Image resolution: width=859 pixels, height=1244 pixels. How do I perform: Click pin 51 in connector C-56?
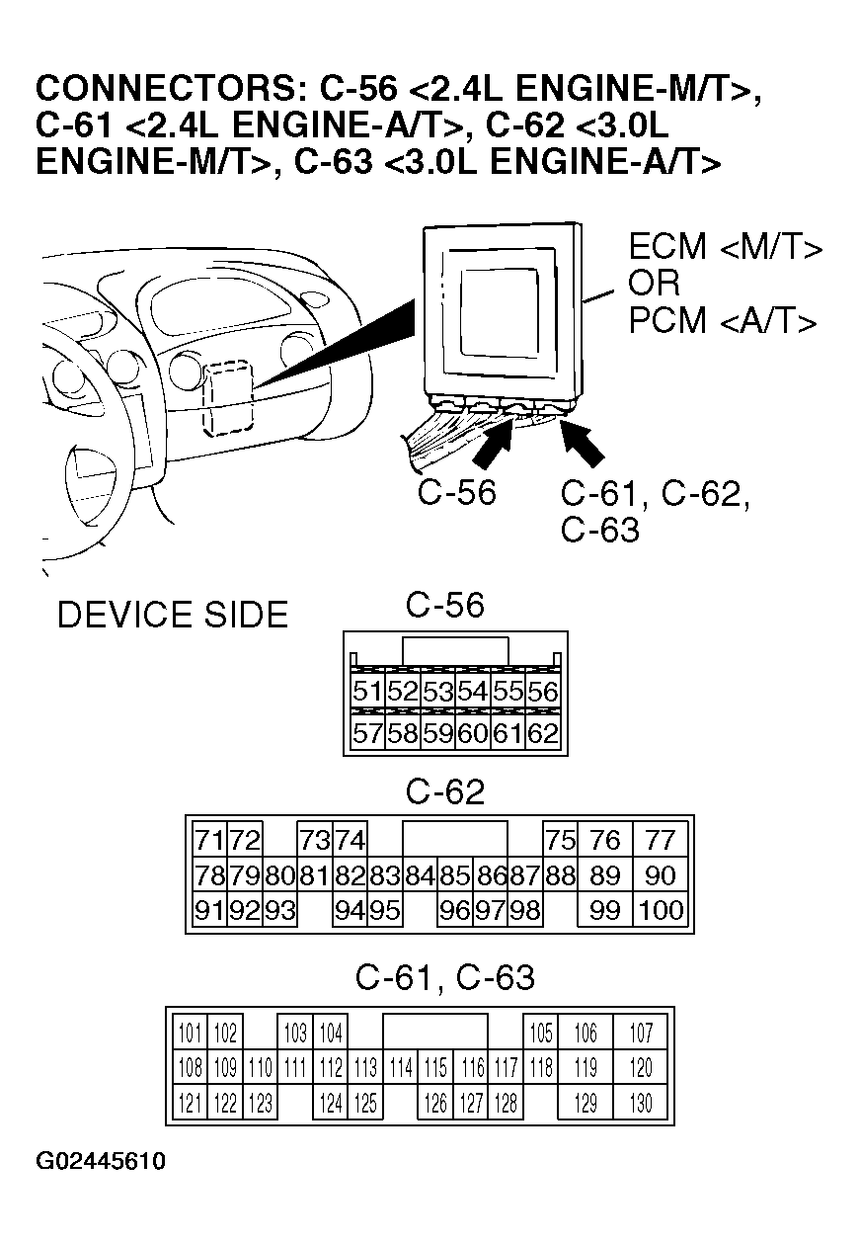click(x=367, y=692)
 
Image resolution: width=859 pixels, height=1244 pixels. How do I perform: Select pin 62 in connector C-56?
click(x=543, y=734)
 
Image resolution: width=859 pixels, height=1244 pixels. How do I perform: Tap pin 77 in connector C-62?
click(x=659, y=841)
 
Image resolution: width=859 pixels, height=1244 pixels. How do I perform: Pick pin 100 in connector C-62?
click(x=659, y=910)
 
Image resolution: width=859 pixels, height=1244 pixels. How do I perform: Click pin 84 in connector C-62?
click(x=420, y=875)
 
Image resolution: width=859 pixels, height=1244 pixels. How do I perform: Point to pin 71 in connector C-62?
click(x=208, y=841)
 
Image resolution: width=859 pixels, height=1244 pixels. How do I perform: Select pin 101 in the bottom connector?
click(x=191, y=1035)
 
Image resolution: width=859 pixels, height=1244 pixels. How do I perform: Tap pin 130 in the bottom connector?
click(x=641, y=1103)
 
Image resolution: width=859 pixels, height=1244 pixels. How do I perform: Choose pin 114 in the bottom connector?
click(x=400, y=1068)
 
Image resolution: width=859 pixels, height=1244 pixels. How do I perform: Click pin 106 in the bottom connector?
click(x=586, y=1035)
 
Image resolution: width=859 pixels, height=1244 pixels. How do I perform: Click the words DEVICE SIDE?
click(x=173, y=616)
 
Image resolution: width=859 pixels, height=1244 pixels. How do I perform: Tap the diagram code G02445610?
click(x=101, y=1161)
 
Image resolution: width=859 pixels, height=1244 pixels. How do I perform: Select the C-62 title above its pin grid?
click(x=445, y=792)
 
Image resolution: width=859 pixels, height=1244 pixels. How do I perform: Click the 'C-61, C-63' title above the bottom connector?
click(x=444, y=978)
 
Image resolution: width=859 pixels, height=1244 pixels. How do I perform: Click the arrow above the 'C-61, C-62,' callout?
click(x=582, y=442)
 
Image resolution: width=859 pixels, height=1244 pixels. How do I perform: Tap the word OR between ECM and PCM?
click(x=655, y=284)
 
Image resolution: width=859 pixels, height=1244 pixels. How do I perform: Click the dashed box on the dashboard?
click(x=228, y=397)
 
